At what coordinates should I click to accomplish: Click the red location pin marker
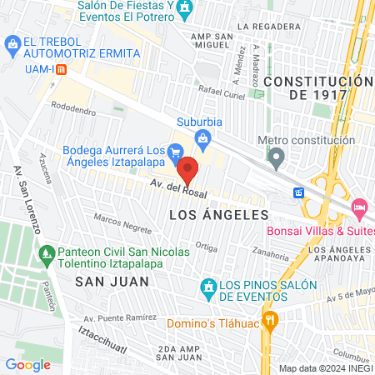click(188, 170)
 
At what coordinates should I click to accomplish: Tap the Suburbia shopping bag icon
click(202, 137)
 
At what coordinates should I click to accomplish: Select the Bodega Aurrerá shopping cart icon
click(175, 152)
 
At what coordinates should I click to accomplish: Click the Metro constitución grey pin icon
click(277, 156)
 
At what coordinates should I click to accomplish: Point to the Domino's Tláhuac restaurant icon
click(269, 320)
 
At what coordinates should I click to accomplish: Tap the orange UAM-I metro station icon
click(61, 69)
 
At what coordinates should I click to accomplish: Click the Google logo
click(28, 363)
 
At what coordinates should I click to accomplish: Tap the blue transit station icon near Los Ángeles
click(298, 192)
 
